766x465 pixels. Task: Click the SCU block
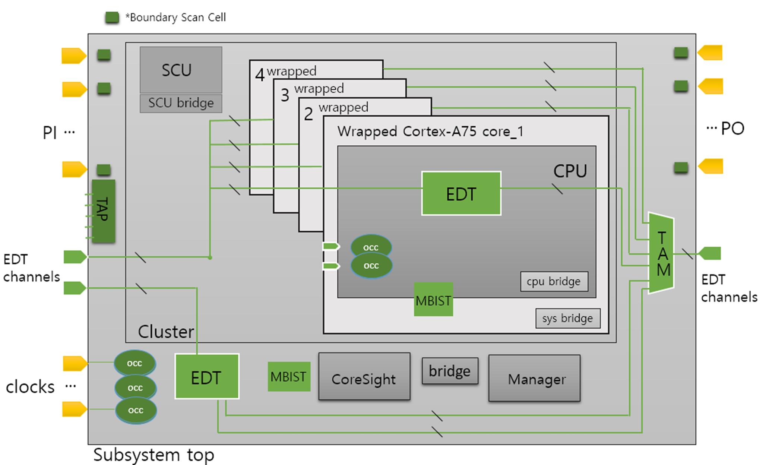pyautogui.click(x=181, y=70)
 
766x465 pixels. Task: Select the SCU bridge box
pyautogui.click(x=181, y=103)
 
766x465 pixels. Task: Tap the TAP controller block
pyautogui.click(x=103, y=211)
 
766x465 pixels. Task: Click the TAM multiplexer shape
pyautogui.click(x=661, y=253)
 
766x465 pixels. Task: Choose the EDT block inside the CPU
pyautogui.click(x=461, y=193)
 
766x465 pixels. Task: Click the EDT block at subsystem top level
pyautogui.click(x=207, y=376)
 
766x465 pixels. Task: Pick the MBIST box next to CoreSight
pyautogui.click(x=289, y=377)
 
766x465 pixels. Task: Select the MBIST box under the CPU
pyautogui.click(x=433, y=300)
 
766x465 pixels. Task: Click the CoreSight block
pyautogui.click(x=364, y=377)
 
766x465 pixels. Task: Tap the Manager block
pyautogui.click(x=534, y=378)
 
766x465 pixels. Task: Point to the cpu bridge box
pyautogui.click(x=554, y=281)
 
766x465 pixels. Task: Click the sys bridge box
pyautogui.click(x=568, y=318)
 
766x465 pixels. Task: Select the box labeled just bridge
pyautogui.click(x=450, y=371)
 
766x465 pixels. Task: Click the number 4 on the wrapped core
pyautogui.click(x=260, y=75)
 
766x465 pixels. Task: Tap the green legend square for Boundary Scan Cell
pyautogui.click(x=112, y=18)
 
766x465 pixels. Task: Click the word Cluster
pyautogui.click(x=166, y=332)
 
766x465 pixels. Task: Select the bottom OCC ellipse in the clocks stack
pyautogui.click(x=136, y=410)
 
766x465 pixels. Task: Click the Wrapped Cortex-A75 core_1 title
pyautogui.click(x=430, y=132)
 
